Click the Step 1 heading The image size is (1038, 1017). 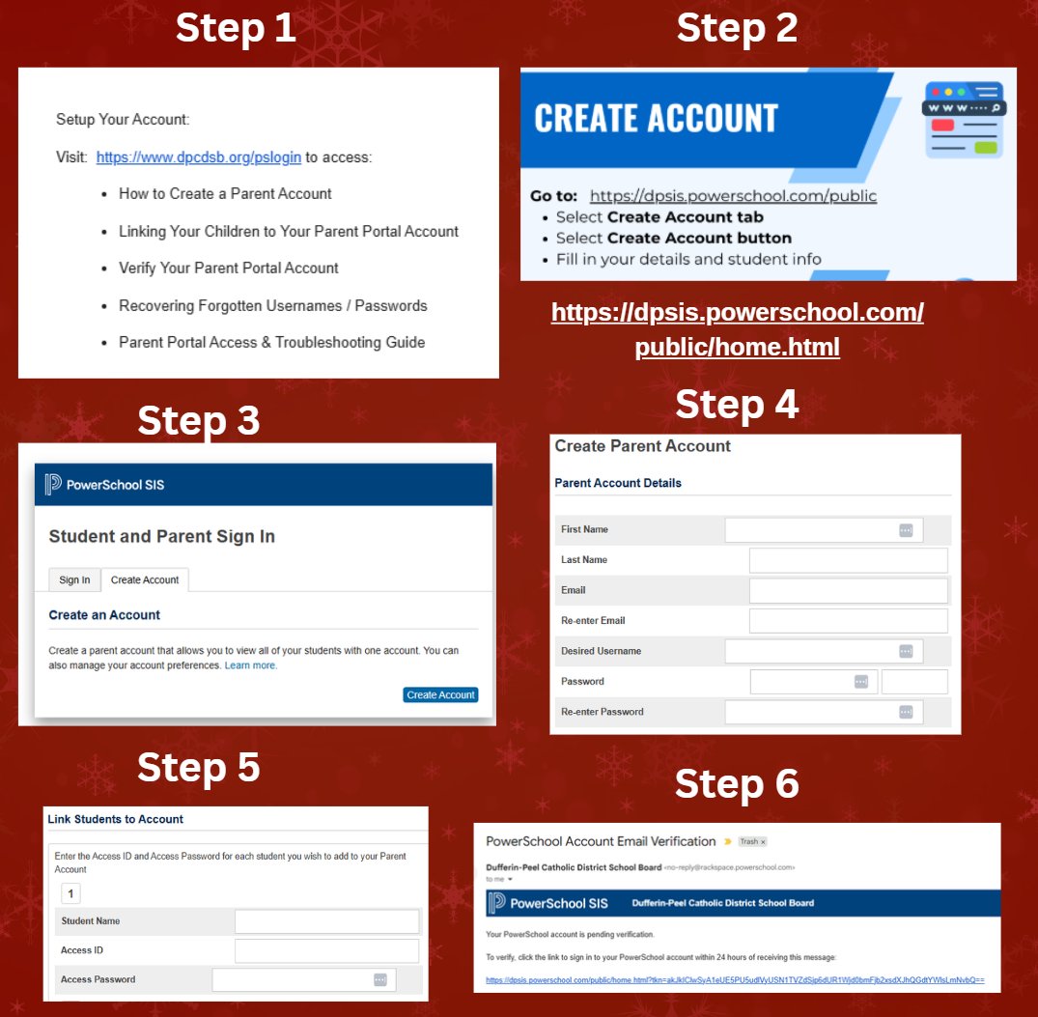[235, 29]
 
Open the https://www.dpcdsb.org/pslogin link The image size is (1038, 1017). [198, 156]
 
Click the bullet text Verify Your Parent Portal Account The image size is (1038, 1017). [228, 268]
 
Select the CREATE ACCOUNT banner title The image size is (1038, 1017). [656, 118]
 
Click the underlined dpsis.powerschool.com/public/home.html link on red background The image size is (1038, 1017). [737, 329]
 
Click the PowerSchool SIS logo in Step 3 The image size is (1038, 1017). [104, 484]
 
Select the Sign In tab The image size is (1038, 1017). [74, 579]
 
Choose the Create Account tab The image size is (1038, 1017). [145, 579]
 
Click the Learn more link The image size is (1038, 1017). [250, 665]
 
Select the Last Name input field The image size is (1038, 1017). [848, 560]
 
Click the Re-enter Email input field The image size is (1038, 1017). [848, 621]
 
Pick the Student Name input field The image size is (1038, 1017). [326, 921]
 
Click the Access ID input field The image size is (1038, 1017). [326, 950]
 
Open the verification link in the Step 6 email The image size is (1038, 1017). [735, 979]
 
